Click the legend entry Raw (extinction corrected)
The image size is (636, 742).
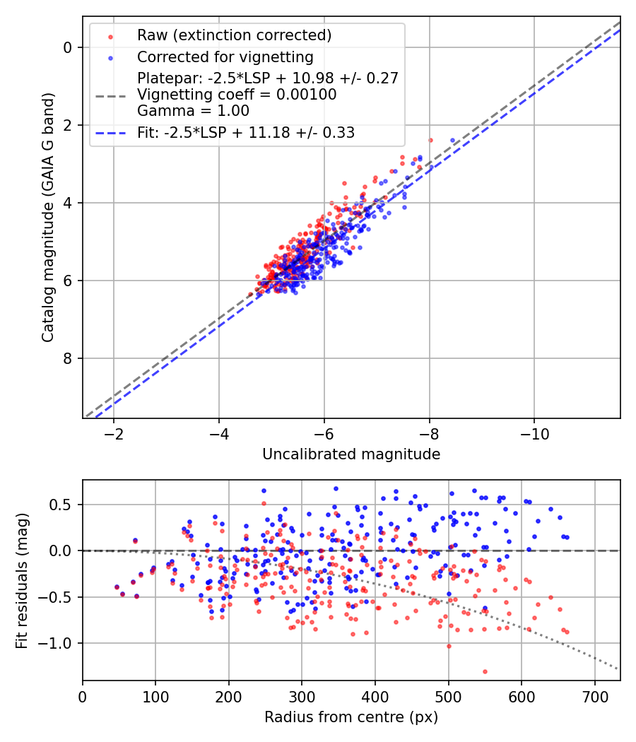234,35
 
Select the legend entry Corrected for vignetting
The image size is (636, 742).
225,57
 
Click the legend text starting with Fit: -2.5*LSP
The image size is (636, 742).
246,132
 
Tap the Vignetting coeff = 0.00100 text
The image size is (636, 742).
237,94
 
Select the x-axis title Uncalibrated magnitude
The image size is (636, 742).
351,454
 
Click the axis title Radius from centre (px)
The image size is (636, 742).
351,717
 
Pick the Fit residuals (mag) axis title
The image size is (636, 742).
21,580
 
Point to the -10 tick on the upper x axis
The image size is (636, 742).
534,433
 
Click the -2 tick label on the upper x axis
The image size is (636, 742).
114,433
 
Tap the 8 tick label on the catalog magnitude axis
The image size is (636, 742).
68,358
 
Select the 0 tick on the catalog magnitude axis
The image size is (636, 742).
68,47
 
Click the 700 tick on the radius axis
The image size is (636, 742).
594,695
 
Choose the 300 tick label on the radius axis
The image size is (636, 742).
302,695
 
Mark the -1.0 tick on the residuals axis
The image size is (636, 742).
59,643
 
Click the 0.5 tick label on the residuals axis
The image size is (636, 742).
64,505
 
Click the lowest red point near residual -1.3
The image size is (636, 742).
485,671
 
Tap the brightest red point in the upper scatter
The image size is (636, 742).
430,140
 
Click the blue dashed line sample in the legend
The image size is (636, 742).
111,132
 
